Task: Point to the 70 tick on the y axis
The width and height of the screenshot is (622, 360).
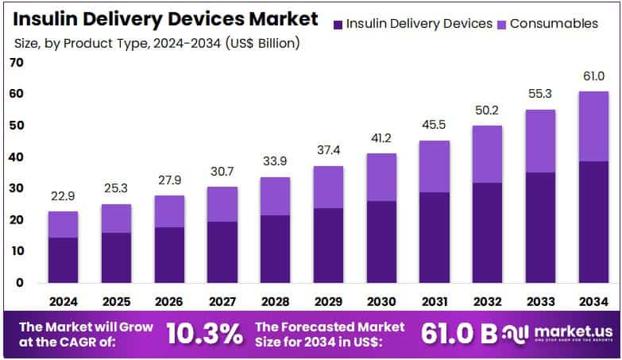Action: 16,64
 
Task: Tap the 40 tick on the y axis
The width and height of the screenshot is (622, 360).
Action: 16,157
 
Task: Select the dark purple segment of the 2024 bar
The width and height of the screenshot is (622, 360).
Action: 63,260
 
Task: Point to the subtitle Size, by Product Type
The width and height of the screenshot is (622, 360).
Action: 155,43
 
